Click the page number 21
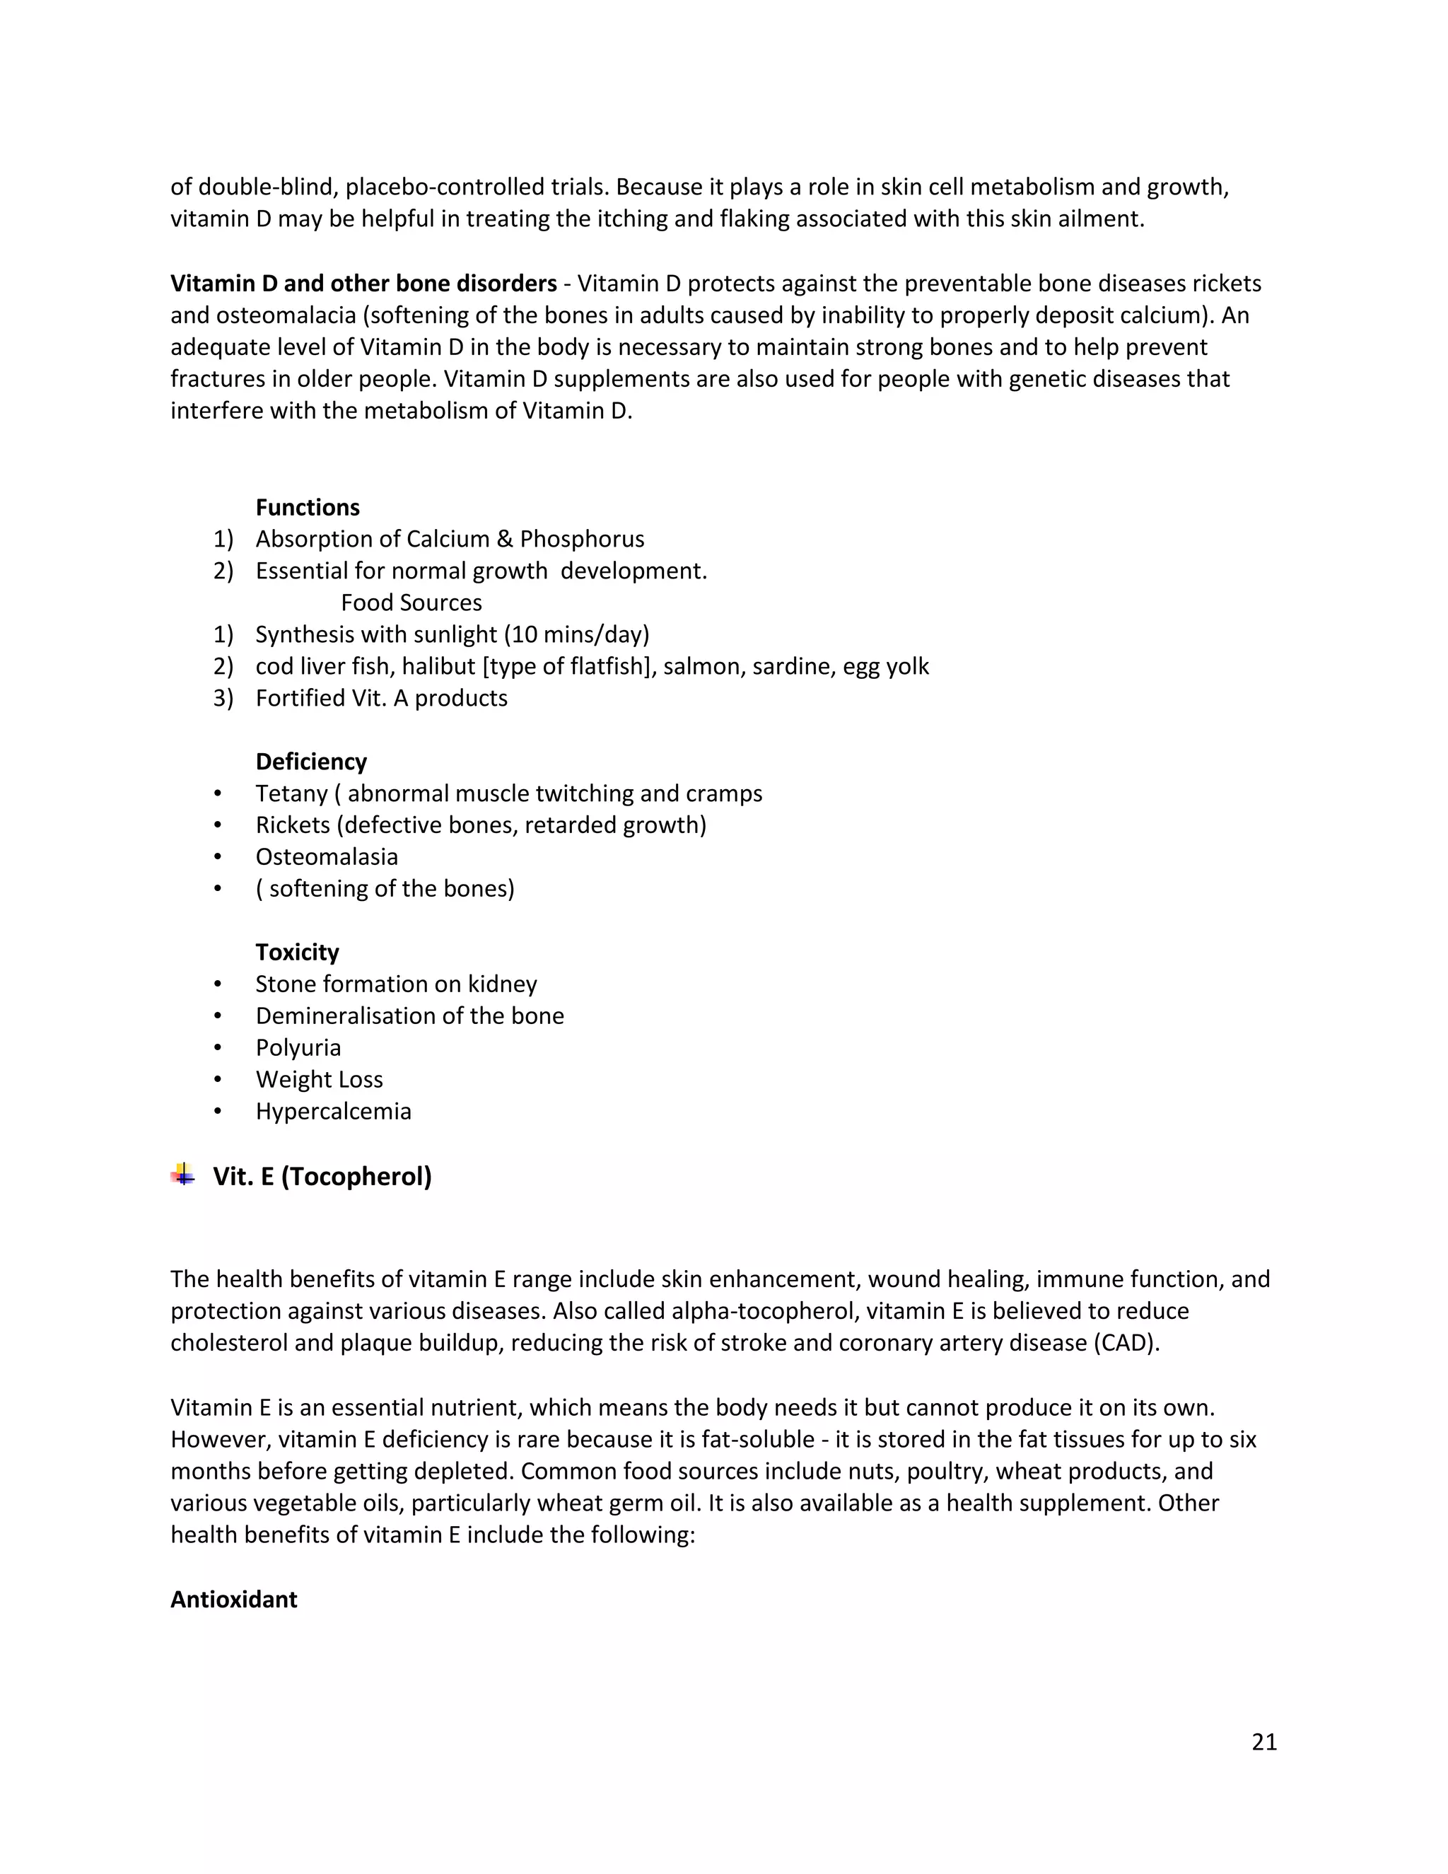[x=1264, y=1742]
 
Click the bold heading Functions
[x=307, y=507]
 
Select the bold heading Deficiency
[x=310, y=761]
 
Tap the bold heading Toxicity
[x=297, y=952]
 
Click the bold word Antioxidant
[x=233, y=1600]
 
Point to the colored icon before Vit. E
[x=182, y=1175]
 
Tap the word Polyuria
[x=298, y=1048]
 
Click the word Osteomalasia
[x=326, y=856]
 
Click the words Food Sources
[x=411, y=603]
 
